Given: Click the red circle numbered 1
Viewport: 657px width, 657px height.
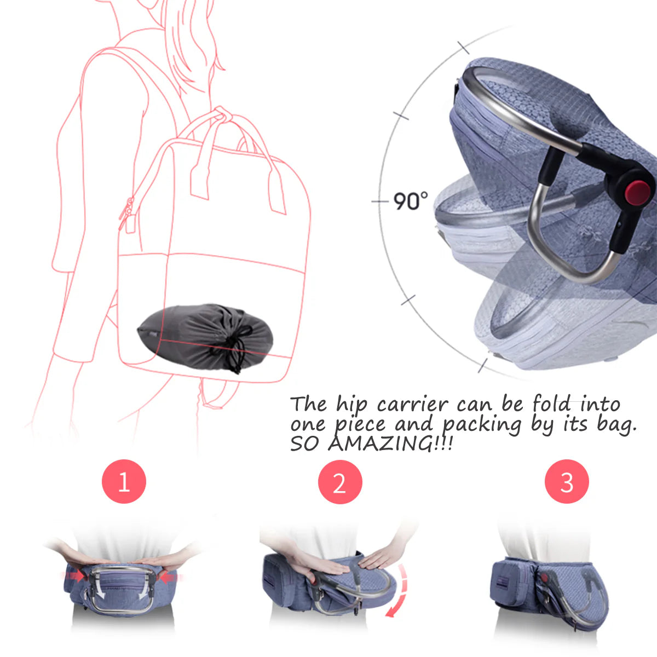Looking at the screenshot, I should coord(124,481).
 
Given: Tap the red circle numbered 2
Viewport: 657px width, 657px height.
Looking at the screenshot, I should coord(340,482).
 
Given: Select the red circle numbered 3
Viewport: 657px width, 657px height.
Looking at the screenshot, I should coord(567,482).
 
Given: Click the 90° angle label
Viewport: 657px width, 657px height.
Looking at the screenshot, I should coord(410,201).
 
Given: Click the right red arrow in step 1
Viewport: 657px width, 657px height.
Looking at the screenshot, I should coord(168,577).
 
